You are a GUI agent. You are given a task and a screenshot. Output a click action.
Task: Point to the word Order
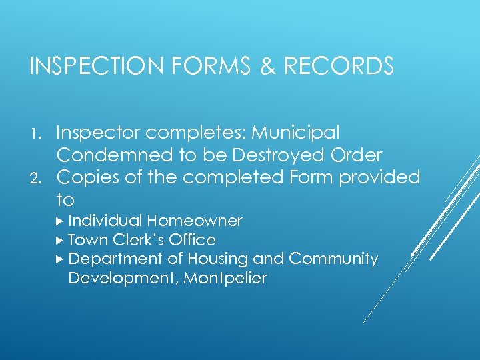[x=359, y=155]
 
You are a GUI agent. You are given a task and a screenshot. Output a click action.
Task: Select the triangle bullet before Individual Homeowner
[x=61, y=221]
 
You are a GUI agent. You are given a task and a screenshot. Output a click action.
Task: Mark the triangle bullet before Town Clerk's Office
[x=61, y=240]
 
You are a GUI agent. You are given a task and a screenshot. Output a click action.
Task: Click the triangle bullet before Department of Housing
[x=61, y=259]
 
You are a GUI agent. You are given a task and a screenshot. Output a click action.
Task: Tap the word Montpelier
[x=225, y=278]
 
